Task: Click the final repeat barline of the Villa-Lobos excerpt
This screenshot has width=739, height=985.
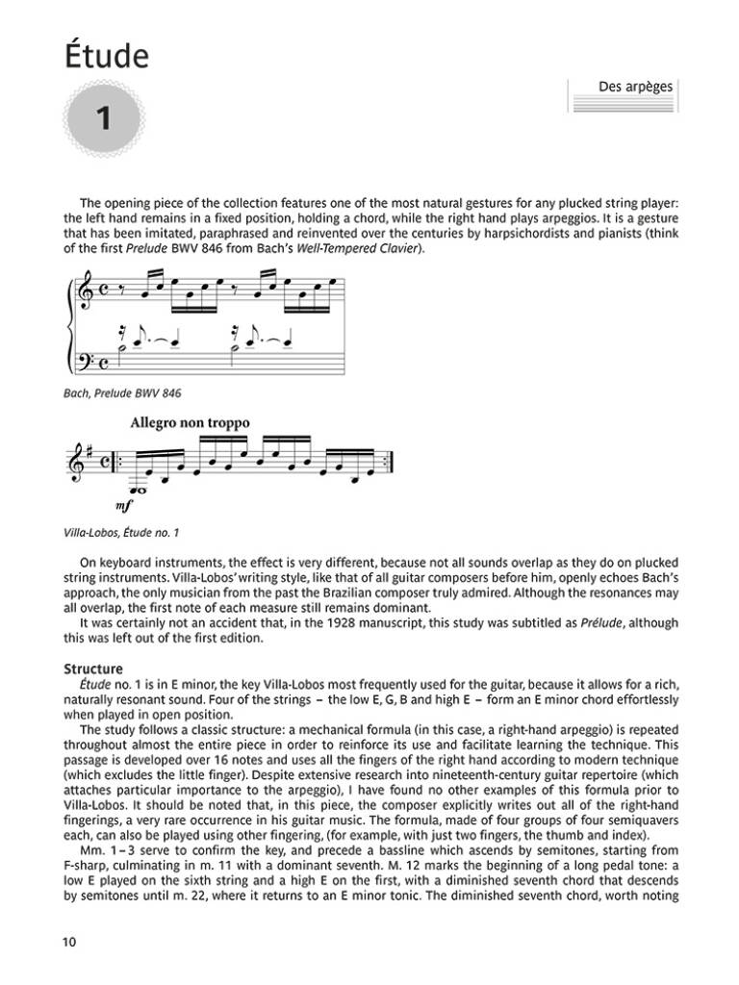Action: [x=392, y=460]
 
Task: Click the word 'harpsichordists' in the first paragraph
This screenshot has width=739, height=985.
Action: [x=496, y=234]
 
